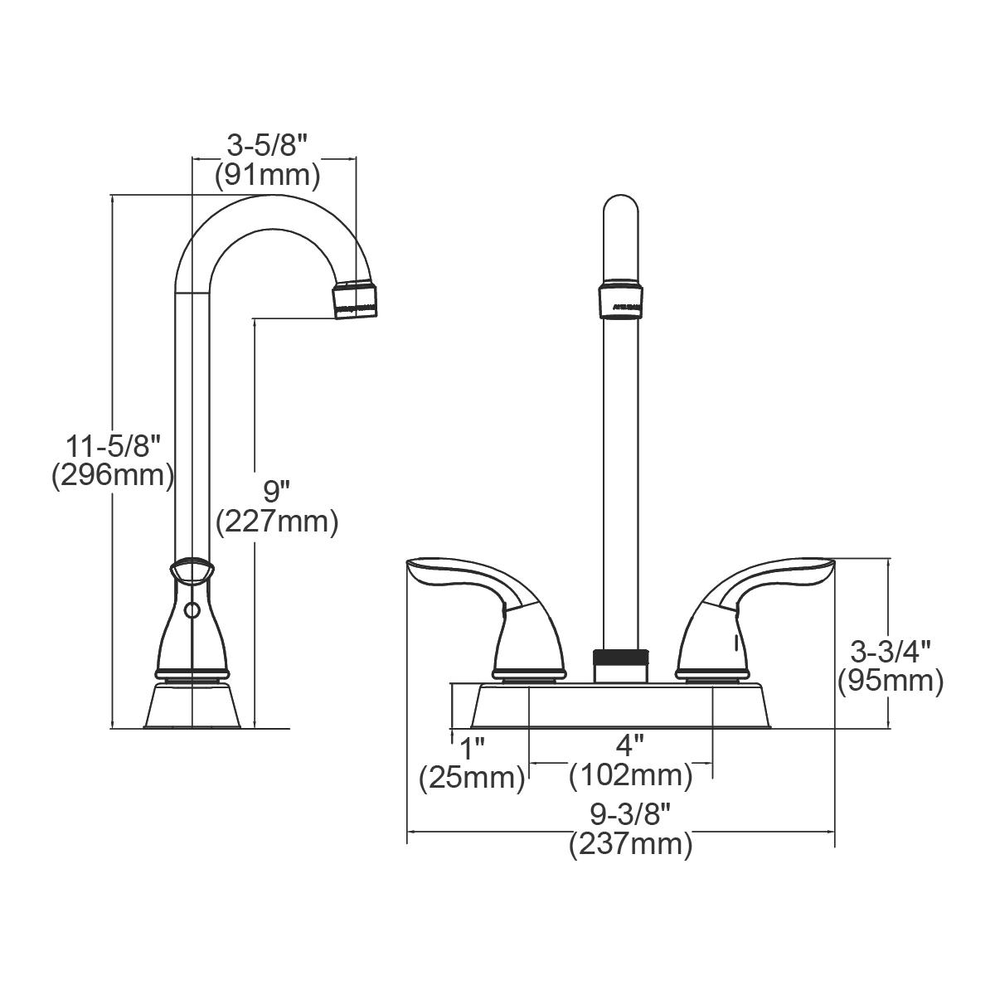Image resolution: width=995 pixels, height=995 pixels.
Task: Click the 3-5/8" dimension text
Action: pos(267,146)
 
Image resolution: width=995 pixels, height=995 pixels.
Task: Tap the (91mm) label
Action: pos(267,176)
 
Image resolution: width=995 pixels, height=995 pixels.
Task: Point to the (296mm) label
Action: pos(114,476)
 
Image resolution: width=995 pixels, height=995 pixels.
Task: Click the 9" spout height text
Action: pos(277,492)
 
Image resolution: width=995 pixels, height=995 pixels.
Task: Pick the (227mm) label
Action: pos(277,522)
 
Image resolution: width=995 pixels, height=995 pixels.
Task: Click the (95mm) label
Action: pos(891,681)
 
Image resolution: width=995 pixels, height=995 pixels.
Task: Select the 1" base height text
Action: pos(472,748)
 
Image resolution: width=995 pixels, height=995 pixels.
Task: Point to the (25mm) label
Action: pos(472,778)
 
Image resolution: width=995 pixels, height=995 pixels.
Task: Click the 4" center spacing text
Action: pos(630,745)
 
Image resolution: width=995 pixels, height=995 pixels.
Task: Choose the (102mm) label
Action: pos(630,776)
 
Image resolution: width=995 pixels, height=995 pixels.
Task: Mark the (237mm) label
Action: pos(630,845)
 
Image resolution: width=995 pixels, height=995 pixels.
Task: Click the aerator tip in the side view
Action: pos(357,299)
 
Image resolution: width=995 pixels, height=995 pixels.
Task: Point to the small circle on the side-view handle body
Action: pos(192,612)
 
